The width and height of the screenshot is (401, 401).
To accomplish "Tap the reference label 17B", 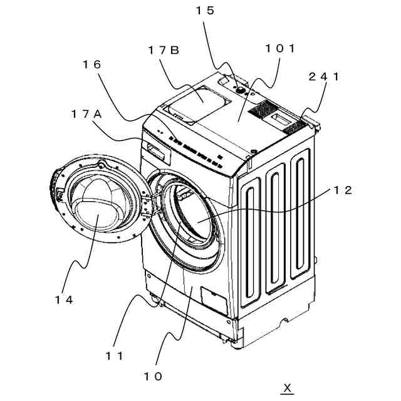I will (x=164, y=50).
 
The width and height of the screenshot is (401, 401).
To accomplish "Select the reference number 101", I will (x=280, y=48).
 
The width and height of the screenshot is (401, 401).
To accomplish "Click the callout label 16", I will (x=91, y=64).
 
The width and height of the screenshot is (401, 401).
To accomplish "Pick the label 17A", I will (x=86, y=113).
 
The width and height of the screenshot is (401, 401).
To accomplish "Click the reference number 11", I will (x=115, y=355).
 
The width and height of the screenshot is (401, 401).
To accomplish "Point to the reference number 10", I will (x=153, y=376).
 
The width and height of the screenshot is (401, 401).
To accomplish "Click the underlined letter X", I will (x=287, y=388).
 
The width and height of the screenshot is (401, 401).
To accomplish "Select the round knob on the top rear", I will (x=239, y=90).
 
